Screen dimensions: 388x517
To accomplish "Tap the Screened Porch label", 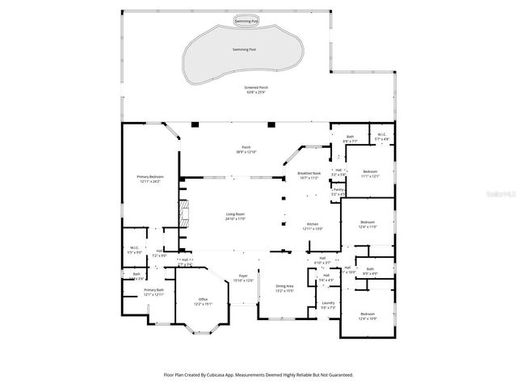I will pos(257,90).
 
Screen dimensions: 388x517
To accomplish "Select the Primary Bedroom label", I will pos(150,179).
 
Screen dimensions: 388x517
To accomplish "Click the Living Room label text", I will pos(235,217).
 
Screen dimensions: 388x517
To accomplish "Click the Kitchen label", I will pos(312,226).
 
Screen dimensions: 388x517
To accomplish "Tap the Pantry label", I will pos(338,192).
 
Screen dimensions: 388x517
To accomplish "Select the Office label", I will pos(203,302).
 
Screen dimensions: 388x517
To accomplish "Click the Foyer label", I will pos(243,278).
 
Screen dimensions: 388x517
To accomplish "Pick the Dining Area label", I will pos(285,288).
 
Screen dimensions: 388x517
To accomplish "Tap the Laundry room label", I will pos(328,305).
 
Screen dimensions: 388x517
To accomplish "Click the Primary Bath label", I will pos(153,292).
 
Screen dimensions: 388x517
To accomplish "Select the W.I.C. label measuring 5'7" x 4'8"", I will pos(382,137).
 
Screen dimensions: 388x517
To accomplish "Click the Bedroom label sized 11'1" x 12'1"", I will pos(370,174).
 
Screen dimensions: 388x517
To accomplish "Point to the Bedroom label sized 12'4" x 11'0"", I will pos(368,224).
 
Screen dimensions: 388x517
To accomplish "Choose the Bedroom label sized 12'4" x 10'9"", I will pos(368,315).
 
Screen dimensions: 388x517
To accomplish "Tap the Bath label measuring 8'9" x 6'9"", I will pos(370,271).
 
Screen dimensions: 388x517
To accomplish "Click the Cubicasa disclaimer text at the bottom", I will pos(258,375).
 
